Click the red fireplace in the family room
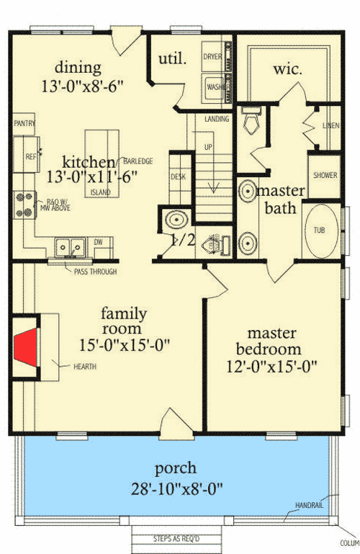click(x=26, y=347)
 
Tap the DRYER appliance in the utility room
click(x=213, y=55)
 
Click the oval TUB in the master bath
click(x=319, y=231)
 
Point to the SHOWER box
click(x=325, y=175)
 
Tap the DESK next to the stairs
click(x=178, y=177)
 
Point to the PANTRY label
click(x=24, y=124)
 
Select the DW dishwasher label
click(x=99, y=242)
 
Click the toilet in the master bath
click(x=251, y=123)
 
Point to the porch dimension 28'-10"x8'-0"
click(x=176, y=488)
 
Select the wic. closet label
click(x=286, y=70)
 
